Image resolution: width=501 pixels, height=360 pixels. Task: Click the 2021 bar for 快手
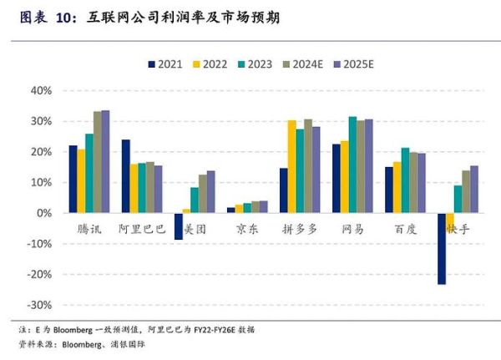point(442,249)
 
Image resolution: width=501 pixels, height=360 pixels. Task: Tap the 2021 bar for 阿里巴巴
point(125,176)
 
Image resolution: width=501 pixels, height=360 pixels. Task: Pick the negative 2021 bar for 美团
point(178,226)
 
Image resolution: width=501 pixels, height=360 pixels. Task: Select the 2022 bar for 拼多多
point(291,166)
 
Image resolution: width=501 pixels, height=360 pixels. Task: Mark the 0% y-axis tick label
point(45,213)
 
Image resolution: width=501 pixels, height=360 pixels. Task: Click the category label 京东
point(247,228)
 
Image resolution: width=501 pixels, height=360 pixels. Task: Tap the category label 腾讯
point(81,228)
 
